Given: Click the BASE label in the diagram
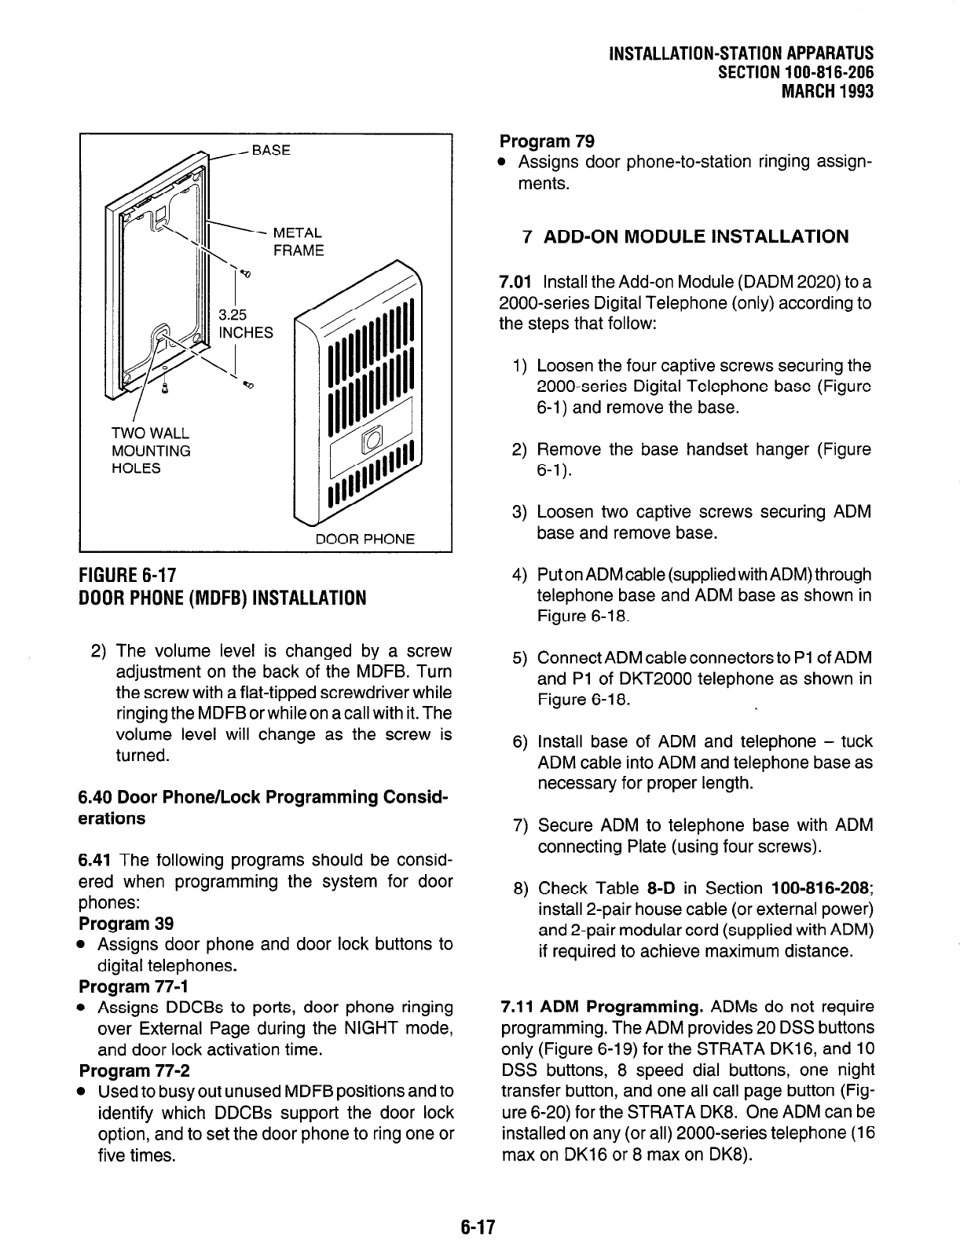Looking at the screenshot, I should pyautogui.click(x=270, y=149).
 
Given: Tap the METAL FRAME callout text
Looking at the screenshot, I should pyautogui.click(x=297, y=242).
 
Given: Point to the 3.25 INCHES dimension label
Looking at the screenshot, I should pyautogui.click(x=245, y=323).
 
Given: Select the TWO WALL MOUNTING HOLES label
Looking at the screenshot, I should pyautogui.click(x=151, y=451).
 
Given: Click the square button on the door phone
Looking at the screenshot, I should pyautogui.click(x=370, y=438).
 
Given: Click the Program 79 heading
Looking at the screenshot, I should pyautogui.click(x=547, y=141).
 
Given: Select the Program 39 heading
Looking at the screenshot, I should pyautogui.click(x=126, y=923).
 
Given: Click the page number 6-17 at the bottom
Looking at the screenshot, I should pyautogui.click(x=480, y=1226).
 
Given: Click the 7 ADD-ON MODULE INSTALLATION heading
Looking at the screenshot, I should pyautogui.click(x=685, y=236).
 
